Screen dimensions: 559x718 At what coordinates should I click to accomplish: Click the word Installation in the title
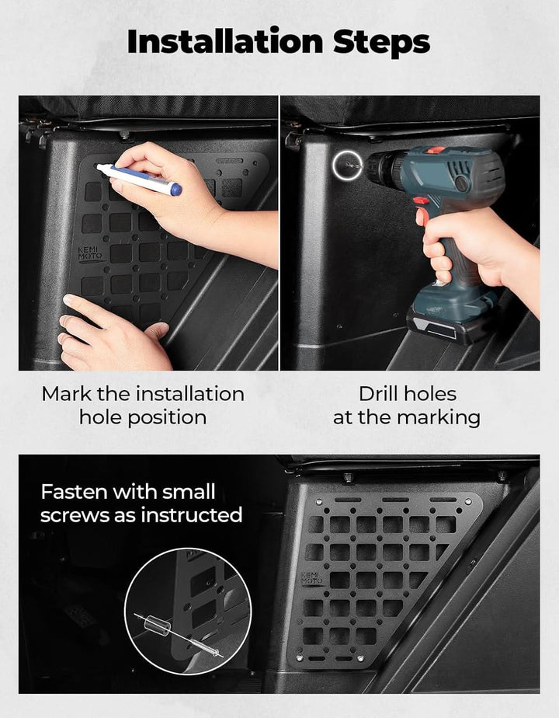pos(225,41)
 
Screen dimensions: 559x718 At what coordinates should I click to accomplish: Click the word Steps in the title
pos(381,43)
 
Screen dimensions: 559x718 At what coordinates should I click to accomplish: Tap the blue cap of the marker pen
pos(175,189)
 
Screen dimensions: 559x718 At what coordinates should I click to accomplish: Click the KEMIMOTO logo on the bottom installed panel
pos(311,578)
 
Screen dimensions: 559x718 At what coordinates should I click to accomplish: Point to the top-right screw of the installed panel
pos(468,502)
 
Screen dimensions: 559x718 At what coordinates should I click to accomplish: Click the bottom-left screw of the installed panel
pos(299,658)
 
